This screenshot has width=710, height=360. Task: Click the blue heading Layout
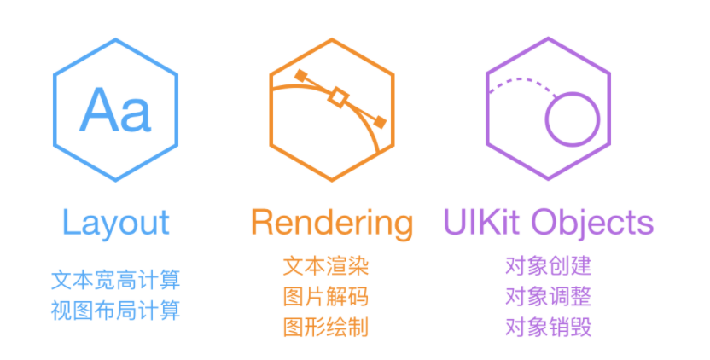[116, 223]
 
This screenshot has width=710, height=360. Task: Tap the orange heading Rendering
[332, 223]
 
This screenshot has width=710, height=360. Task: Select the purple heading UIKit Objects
[548, 222]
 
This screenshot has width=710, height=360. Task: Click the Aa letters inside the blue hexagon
[115, 112]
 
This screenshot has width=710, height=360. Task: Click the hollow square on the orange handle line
[339, 98]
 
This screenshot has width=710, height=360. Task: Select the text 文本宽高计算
[116, 280]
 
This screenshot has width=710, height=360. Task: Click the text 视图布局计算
[116, 310]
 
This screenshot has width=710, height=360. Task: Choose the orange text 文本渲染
[326, 266]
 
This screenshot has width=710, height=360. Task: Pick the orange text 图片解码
[326, 297]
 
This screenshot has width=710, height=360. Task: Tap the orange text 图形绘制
[326, 327]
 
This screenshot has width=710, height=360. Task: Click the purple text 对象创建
[548, 266]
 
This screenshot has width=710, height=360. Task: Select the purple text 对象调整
[548, 297]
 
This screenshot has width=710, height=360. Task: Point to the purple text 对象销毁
[548, 327]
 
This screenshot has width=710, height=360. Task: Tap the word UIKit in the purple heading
[482, 222]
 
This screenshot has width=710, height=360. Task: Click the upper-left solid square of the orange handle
[300, 76]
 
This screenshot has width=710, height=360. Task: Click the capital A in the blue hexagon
[99, 111]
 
